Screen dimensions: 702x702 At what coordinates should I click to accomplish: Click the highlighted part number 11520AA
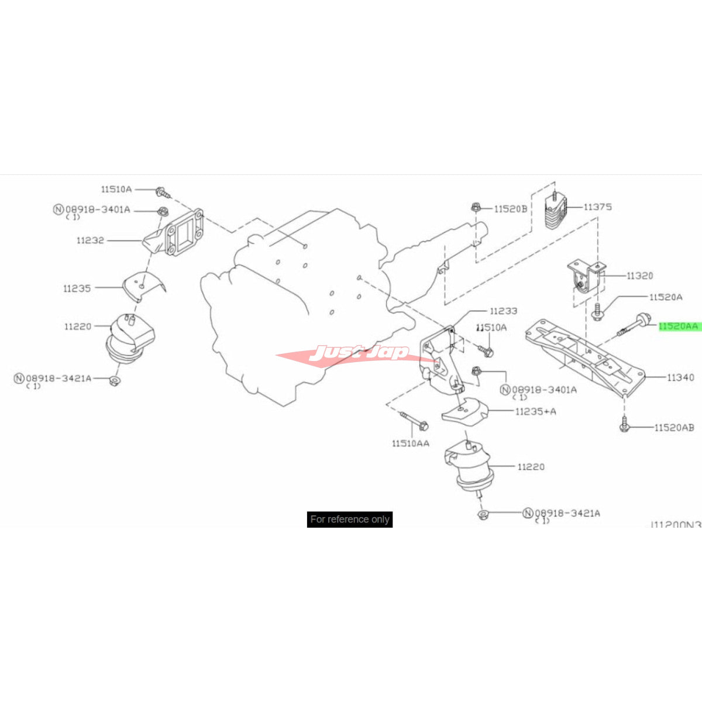(679, 326)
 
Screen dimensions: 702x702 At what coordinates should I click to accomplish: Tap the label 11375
(597, 207)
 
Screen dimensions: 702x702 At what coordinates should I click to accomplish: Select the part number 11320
(639, 276)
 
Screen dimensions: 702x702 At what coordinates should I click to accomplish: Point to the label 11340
(680, 377)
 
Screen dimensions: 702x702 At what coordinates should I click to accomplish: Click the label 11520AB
(674, 428)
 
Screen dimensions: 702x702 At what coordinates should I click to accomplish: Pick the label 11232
(90, 240)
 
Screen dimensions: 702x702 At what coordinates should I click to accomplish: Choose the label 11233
(503, 311)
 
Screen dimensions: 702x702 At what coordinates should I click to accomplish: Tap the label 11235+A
(535, 411)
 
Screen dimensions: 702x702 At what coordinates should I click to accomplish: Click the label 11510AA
(410, 443)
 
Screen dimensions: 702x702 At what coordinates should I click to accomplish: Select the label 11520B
(510, 208)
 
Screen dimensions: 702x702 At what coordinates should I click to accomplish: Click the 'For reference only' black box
(350, 519)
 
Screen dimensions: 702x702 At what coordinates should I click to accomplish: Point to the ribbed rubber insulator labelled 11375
(555, 215)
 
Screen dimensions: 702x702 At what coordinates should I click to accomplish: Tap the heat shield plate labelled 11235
(143, 288)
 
